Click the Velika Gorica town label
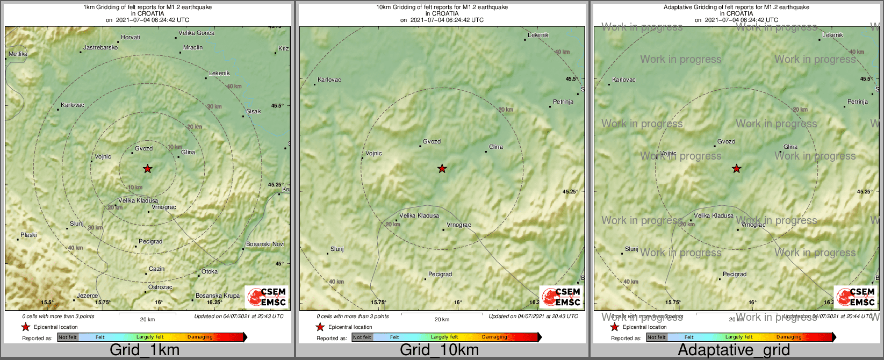(196, 33)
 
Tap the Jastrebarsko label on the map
(100, 48)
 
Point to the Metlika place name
(18, 54)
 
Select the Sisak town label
(253, 112)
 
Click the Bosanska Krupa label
(217, 296)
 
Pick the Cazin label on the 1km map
(156, 269)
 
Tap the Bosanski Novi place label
(265, 244)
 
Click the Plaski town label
(28, 235)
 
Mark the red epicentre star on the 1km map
(147, 169)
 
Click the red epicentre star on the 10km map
(442, 169)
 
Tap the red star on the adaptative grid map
(736, 169)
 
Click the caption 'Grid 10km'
(439, 350)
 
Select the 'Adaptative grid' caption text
(734, 350)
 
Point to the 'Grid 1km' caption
(145, 350)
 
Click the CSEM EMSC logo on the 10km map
(561, 297)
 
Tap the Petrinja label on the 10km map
(563, 102)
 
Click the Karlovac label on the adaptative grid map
(623, 80)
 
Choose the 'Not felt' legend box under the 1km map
(68, 337)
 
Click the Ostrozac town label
(160, 287)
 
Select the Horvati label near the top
(131, 38)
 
